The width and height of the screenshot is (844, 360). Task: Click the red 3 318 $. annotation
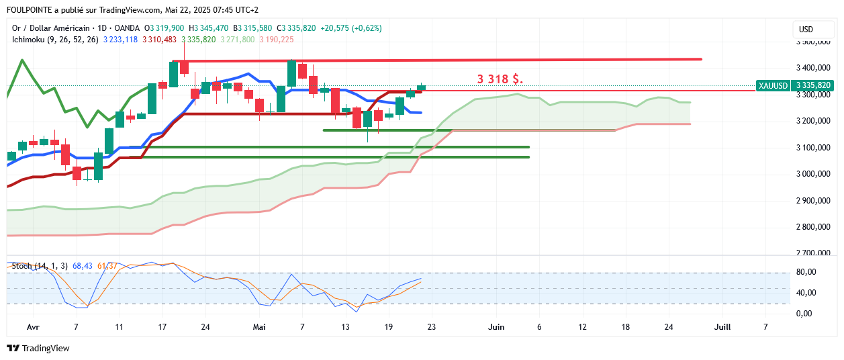coord(500,79)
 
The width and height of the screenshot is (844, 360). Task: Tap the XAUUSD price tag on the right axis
coord(794,85)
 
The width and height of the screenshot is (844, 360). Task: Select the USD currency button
coord(806,30)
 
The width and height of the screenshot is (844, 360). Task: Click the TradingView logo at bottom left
coord(38,348)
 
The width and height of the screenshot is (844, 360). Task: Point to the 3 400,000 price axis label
coord(813,68)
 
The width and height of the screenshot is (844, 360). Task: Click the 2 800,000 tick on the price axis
coord(813,227)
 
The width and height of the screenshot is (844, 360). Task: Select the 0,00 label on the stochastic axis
coord(804,314)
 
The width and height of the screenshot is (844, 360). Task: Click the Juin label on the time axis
coord(496,327)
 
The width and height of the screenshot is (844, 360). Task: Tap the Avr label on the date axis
coord(33,327)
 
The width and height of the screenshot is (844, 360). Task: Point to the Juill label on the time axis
coord(722,327)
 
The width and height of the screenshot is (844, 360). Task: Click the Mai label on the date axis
coord(259,327)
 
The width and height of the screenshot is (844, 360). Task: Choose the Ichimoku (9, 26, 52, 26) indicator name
coord(55,40)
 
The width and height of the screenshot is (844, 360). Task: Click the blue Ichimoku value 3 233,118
coord(120,40)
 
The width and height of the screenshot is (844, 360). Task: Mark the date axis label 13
coord(345,327)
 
